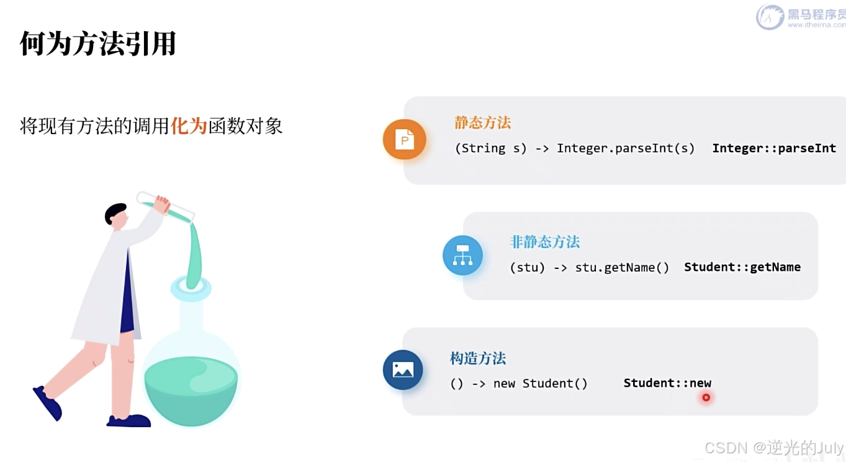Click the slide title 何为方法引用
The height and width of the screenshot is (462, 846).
[x=98, y=44]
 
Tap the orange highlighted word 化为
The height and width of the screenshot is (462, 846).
[x=189, y=126]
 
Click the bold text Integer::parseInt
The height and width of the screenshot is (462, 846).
[x=773, y=148]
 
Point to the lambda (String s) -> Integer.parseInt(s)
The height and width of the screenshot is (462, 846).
[x=574, y=148]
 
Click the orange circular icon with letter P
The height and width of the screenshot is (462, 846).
[x=404, y=140]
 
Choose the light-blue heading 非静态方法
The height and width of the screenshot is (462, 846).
[x=544, y=242]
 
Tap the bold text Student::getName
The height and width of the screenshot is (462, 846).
[x=742, y=267]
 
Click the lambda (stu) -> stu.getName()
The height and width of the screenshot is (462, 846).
[x=589, y=268]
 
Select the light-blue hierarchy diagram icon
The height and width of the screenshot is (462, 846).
[x=462, y=255]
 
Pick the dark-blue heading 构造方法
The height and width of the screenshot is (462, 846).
[x=477, y=358]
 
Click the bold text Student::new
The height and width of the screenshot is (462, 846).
[x=667, y=383]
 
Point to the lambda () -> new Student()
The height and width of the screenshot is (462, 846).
[x=518, y=384]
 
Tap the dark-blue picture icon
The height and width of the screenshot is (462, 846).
[x=403, y=370]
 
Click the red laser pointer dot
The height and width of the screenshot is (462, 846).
[x=706, y=397]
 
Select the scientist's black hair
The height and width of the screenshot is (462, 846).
[x=115, y=213]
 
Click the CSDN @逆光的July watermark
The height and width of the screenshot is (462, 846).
[x=774, y=448]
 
